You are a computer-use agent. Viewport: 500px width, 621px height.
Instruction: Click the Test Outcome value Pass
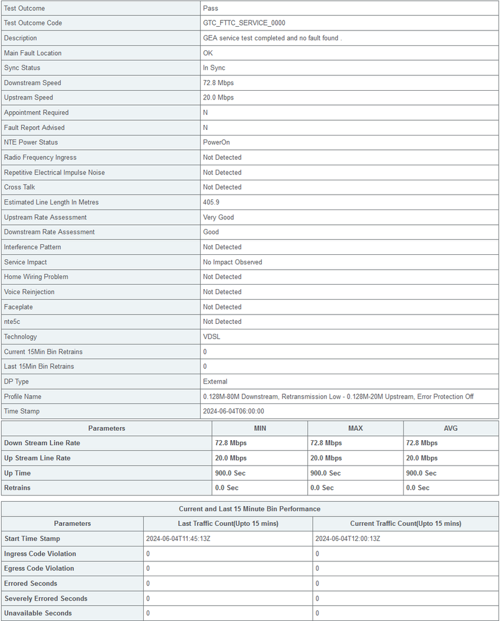tap(211, 8)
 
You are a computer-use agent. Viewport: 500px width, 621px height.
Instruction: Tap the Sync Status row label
tap(22, 68)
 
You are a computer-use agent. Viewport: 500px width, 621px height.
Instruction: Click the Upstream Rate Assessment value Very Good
tap(218, 217)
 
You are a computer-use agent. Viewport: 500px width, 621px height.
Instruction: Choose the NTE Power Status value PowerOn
tap(216, 142)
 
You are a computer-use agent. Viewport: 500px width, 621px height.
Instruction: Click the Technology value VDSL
tap(211, 336)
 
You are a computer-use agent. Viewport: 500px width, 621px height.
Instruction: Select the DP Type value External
tap(215, 381)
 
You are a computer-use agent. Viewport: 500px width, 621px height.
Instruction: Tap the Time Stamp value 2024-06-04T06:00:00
tap(239, 411)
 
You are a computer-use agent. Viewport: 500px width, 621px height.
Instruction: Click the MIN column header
tap(260, 428)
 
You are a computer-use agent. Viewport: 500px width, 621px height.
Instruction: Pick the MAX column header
tap(355, 428)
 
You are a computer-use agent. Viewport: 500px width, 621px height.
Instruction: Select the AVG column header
tap(451, 428)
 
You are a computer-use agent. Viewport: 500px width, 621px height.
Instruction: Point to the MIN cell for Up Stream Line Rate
tap(230, 458)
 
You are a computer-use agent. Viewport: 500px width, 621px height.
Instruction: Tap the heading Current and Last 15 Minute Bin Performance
tap(249, 508)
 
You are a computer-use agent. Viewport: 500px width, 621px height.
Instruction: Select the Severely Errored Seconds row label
tap(45, 598)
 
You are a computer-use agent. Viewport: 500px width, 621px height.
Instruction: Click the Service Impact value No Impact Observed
tap(232, 262)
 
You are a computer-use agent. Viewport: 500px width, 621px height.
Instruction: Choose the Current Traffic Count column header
tap(405, 523)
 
